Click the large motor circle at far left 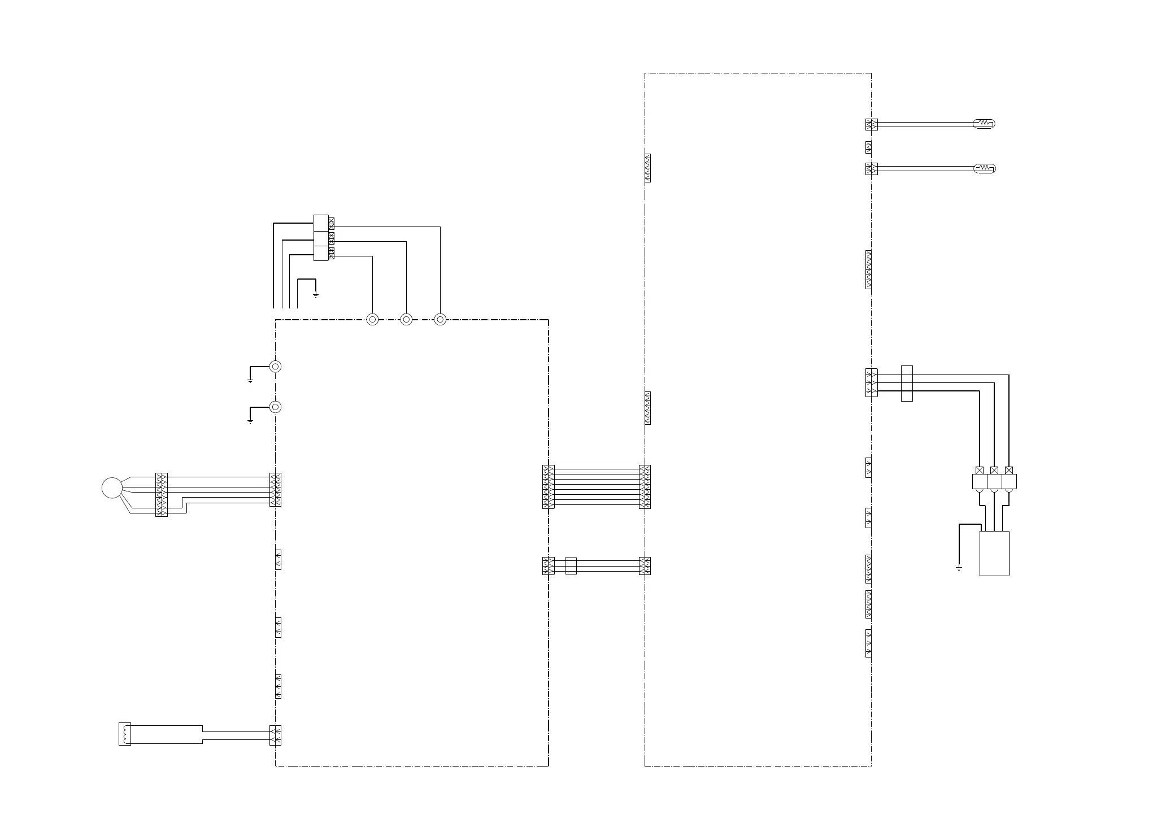coord(112,488)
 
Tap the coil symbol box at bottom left coord(125,734)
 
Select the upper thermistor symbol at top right coord(984,123)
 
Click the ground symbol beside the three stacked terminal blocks coord(316,295)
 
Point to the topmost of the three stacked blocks coord(321,223)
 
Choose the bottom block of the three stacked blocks coord(321,253)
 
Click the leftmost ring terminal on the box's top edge coord(372,320)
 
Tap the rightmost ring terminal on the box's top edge coord(440,320)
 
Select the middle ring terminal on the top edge coord(406,320)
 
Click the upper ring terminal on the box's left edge coord(275,367)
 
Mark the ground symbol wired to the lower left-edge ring coord(250,421)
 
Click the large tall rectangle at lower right coord(994,553)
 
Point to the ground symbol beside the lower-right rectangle coord(959,568)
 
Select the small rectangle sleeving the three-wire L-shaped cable coord(907,384)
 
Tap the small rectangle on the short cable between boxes coord(571,566)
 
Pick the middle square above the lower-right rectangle coord(994,481)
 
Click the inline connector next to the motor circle coord(162,495)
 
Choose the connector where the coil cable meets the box coord(275,735)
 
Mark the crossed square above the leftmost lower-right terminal coord(980,470)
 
